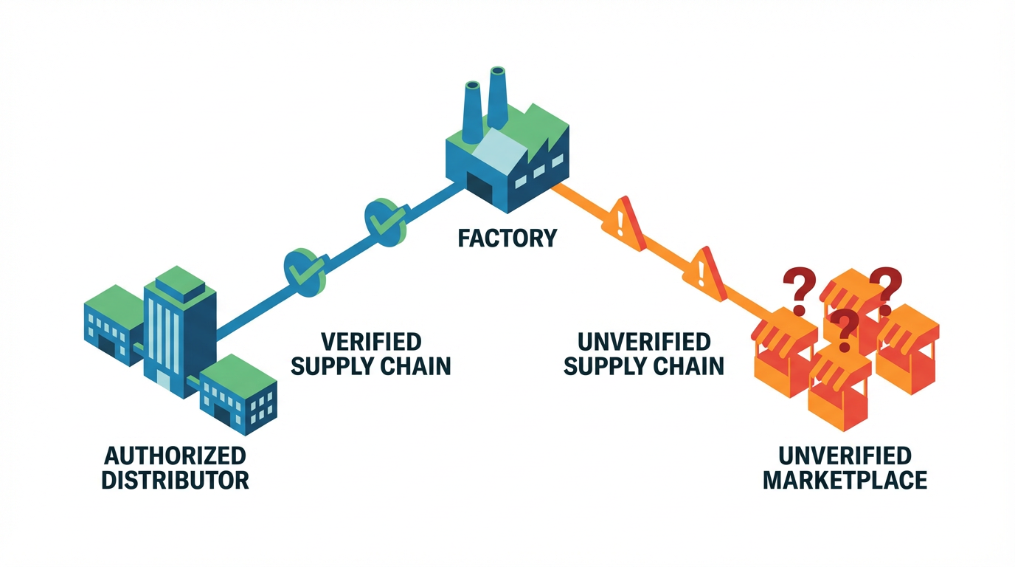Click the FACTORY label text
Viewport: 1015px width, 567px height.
[x=507, y=238]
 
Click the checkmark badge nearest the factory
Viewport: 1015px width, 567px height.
[x=386, y=219]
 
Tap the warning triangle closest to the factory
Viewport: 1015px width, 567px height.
[x=623, y=219]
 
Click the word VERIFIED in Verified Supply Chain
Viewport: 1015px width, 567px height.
[x=371, y=342]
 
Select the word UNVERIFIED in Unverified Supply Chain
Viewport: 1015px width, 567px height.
[x=644, y=342]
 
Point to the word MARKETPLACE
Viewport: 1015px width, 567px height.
[x=845, y=480]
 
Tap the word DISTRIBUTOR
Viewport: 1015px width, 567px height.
[x=175, y=480]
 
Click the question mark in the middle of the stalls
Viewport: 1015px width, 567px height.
[x=843, y=328]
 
